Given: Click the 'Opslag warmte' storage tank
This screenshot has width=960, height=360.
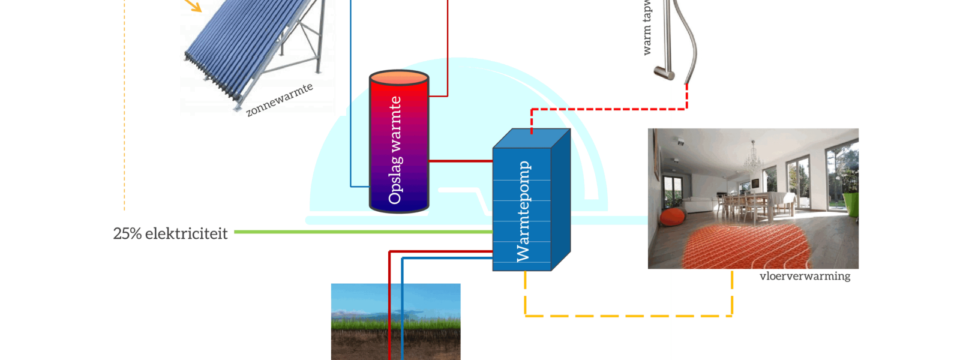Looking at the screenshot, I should tap(399, 142).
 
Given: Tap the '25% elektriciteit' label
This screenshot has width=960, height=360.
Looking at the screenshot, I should tap(170, 233).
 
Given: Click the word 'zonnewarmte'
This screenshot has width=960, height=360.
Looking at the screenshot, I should tap(280, 100).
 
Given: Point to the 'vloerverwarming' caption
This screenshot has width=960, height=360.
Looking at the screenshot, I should tap(805, 276).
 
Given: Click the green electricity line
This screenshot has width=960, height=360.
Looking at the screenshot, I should tap(360, 232).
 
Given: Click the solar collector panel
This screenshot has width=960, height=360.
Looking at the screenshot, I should tap(252, 48).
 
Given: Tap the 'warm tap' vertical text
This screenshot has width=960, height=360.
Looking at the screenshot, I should tap(646, 27).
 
